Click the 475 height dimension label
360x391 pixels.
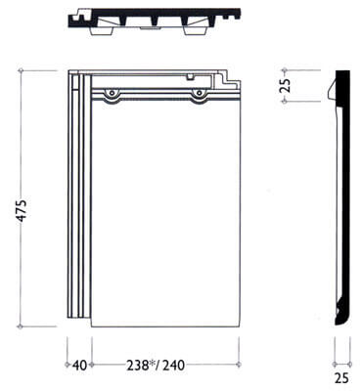(22, 210)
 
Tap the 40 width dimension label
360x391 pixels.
(79, 365)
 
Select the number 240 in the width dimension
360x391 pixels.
(173, 365)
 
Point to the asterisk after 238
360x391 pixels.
(152, 364)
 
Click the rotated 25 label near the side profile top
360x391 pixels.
(285, 85)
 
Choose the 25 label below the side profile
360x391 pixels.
(341, 378)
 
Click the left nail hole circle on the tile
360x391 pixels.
(112, 93)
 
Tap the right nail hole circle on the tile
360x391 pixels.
(198, 93)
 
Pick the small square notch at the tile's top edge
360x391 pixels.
(190, 77)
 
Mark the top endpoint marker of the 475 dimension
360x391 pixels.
(22, 70)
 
